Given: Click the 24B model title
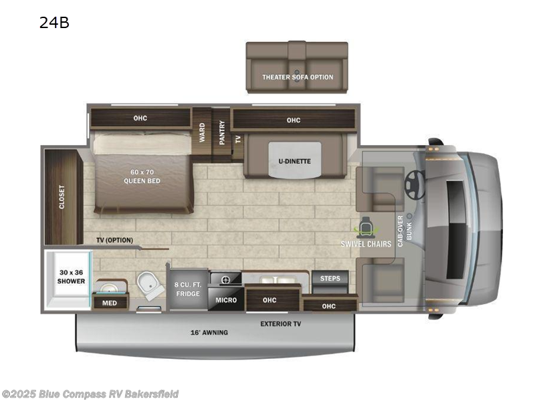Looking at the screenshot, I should point(55,23).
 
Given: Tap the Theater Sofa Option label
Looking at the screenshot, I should point(298,77).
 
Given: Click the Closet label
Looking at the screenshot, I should point(62,197).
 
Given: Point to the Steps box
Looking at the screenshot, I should point(330,279).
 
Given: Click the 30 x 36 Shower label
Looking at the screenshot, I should point(70,277).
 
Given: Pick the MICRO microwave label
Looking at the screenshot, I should point(226,300).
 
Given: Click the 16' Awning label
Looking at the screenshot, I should point(209,332).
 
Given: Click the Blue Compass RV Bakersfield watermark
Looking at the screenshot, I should point(90,394).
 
